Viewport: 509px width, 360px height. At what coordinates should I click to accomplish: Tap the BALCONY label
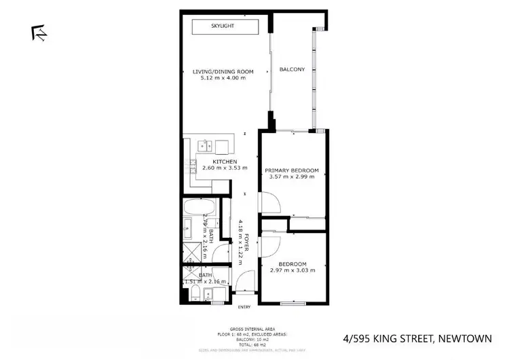292,70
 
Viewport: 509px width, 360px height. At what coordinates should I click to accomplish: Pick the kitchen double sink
206,145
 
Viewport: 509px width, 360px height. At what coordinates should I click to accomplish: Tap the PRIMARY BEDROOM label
292,170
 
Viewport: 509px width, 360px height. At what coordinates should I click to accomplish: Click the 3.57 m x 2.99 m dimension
292,177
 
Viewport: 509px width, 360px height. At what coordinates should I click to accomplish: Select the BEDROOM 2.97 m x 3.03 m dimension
293,270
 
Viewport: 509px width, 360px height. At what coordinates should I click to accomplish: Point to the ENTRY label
244,306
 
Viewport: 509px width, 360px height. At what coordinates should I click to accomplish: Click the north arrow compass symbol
39,32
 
